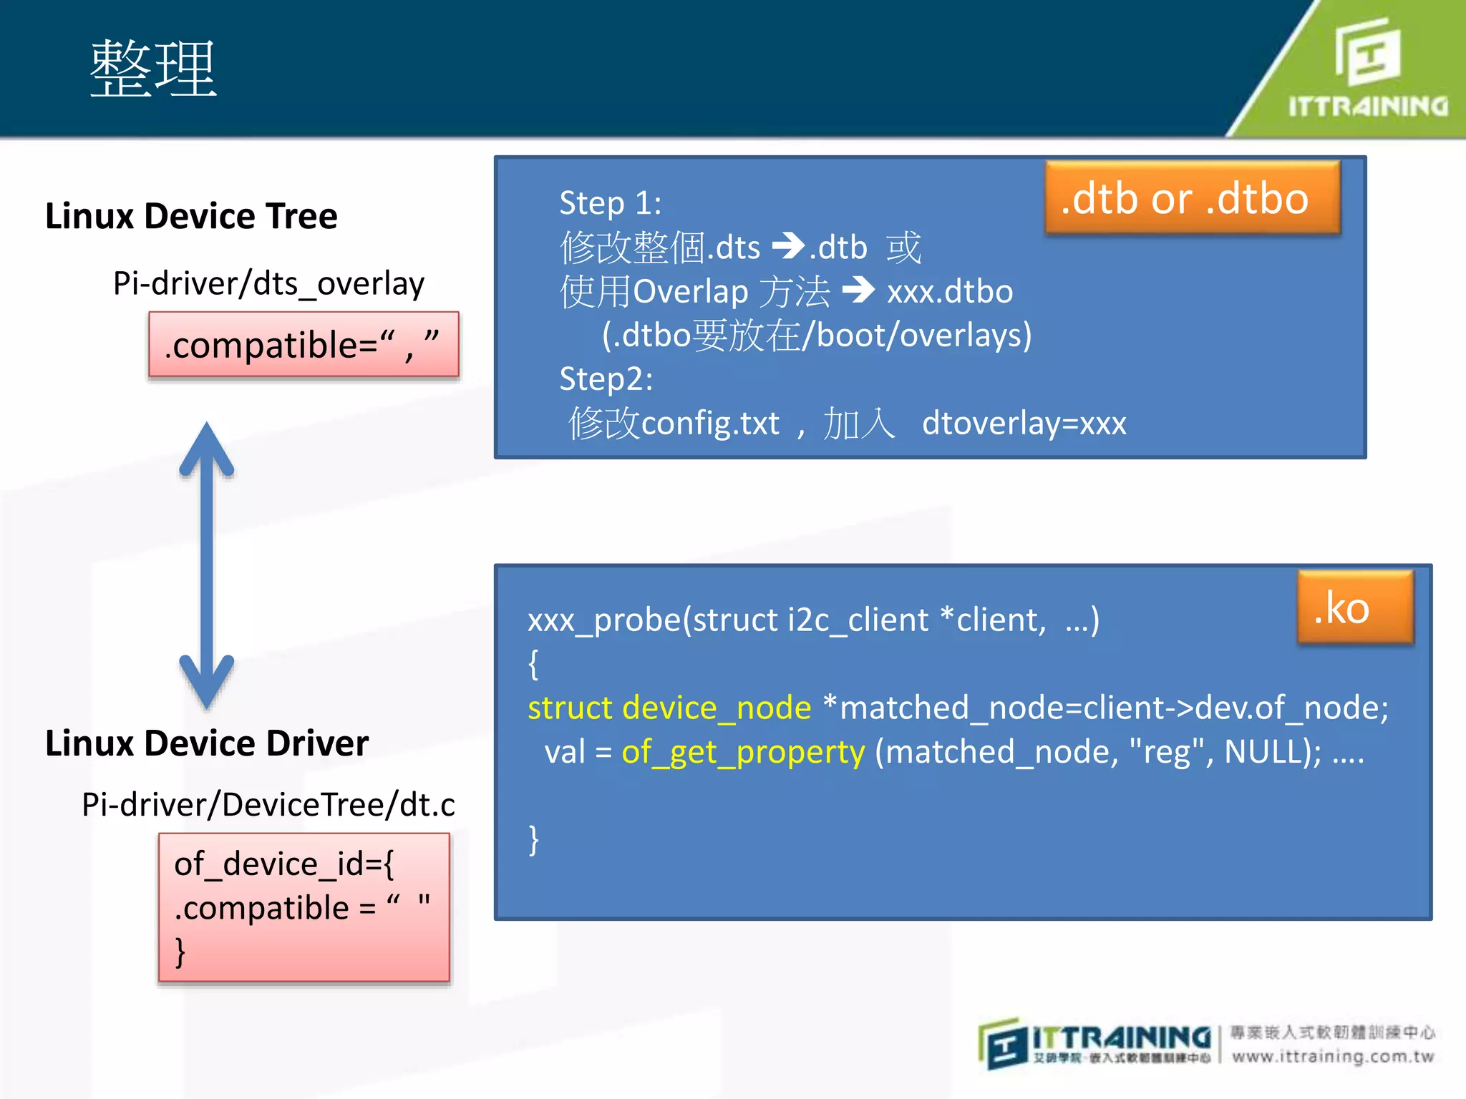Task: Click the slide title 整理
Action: [152, 69]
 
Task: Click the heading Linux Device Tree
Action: [191, 216]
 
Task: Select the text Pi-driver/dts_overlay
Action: [268, 284]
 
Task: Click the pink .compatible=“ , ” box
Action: [304, 344]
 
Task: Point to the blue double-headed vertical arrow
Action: [207, 565]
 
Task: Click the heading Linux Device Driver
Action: [207, 743]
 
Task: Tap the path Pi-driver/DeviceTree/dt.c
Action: [268, 805]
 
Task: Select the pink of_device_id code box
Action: [304, 907]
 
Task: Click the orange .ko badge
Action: [1355, 607]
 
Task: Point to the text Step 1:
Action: [610, 203]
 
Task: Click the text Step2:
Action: [606, 379]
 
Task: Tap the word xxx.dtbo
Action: [950, 292]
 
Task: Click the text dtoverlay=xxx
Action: [1024, 424]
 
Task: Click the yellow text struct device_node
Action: [669, 708]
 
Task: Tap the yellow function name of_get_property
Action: [743, 753]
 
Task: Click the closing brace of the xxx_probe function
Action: [534, 839]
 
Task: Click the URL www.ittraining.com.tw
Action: [1333, 1057]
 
